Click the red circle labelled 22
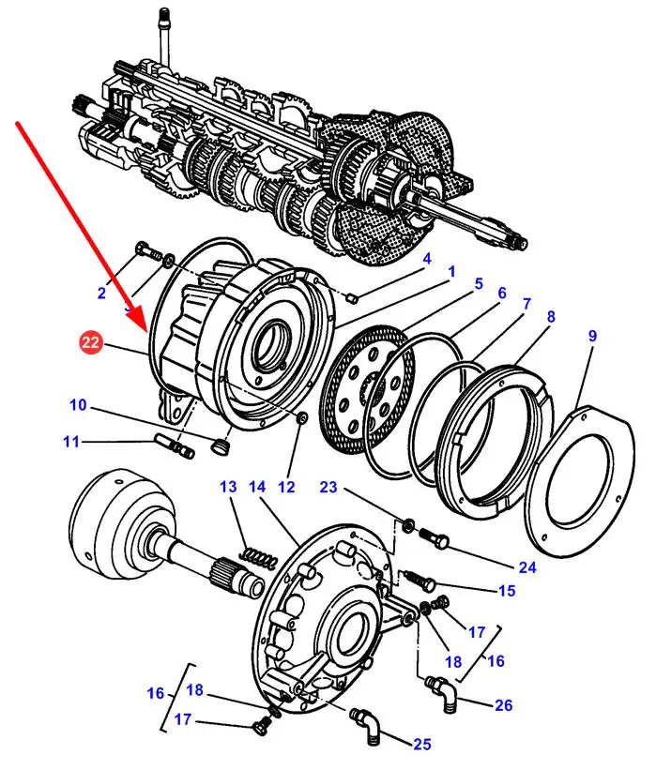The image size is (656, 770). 91,344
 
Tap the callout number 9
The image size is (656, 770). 591,335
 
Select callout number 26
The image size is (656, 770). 504,705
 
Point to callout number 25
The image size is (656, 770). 422,745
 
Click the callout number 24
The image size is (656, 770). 526,566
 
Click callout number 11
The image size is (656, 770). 71,441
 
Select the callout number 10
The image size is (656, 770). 78,405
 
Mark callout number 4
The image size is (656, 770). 426,259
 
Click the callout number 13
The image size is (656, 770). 229,487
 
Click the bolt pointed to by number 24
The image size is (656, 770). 434,539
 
